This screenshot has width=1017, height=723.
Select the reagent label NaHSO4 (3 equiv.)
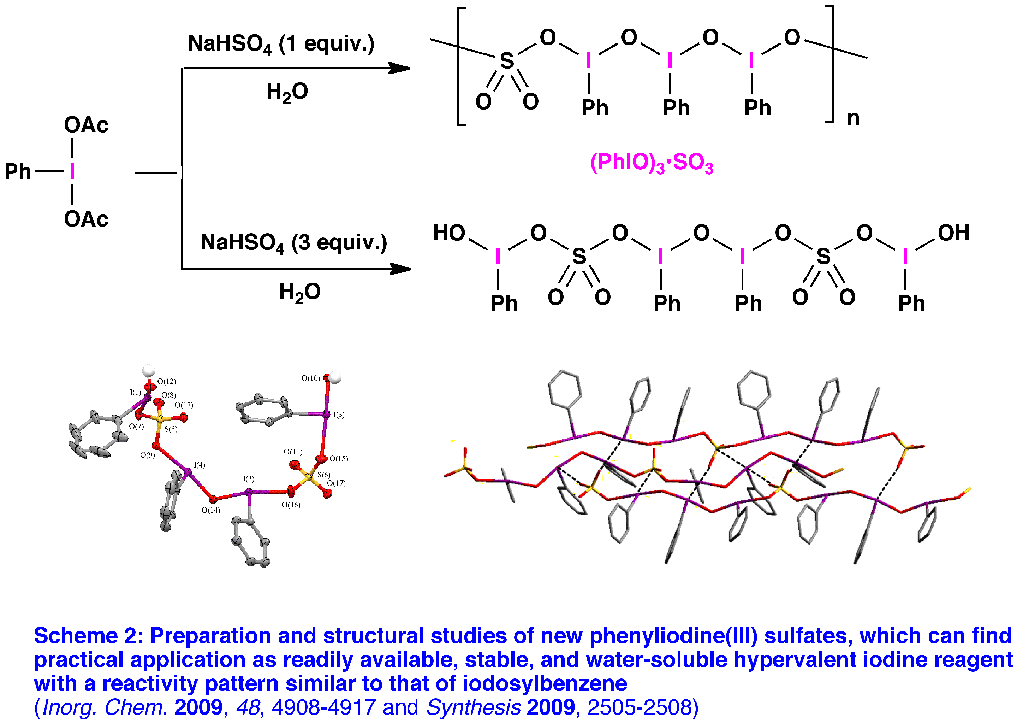click(293, 243)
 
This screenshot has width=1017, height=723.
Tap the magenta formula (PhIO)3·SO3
click(652, 163)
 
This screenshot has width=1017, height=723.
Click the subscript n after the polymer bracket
click(853, 118)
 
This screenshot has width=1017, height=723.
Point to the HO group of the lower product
click(449, 233)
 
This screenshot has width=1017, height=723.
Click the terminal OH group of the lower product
click(953, 233)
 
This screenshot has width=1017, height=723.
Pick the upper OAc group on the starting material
click(86, 125)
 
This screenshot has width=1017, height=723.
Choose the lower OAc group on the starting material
click(86, 219)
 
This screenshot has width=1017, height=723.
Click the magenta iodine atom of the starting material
click(72, 171)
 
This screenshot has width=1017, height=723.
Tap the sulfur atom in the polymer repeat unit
click(507, 61)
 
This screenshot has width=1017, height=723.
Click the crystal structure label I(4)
click(199, 465)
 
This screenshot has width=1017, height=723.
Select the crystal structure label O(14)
click(211, 510)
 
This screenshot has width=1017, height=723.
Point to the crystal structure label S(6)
click(324, 475)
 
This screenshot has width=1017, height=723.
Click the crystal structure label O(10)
click(310, 378)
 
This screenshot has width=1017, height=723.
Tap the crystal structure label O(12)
click(167, 382)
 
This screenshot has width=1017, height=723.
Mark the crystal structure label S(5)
click(171, 429)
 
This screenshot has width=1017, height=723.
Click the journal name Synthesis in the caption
click(473, 707)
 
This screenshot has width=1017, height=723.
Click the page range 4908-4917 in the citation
click(323, 707)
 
